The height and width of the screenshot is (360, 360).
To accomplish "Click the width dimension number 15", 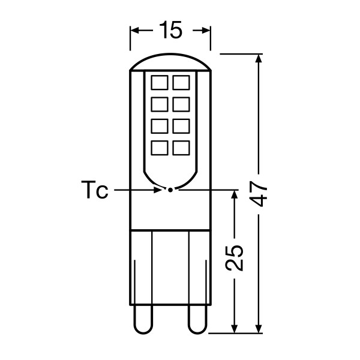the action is coord(170,30).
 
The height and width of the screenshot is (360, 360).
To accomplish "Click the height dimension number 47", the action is coord(259,194).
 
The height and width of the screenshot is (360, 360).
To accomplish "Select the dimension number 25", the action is coord(234,258).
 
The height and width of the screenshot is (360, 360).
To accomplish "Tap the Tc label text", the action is coord(95,190).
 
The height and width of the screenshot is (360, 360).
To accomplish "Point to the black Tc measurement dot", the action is coord(170,190).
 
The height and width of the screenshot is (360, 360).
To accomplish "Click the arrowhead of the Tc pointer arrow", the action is coord(159,190).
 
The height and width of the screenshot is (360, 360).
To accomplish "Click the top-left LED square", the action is coord(160,82).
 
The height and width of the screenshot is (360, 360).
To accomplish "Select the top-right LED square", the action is coord(181,82).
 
